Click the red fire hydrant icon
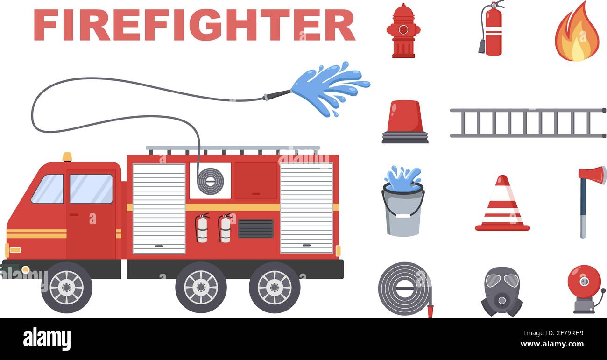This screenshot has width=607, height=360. point(403,31)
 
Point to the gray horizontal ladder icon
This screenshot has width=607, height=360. point(528,123)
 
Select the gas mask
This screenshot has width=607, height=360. point(501,291)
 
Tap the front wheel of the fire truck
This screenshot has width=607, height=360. point(66,287)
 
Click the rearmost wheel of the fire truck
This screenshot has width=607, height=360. point(275,287)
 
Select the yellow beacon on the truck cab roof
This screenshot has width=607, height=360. point(67,157)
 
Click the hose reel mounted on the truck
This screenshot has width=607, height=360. point(210,181)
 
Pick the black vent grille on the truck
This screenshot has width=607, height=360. point(255,228)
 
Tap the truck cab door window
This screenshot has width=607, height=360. point(91,189)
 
